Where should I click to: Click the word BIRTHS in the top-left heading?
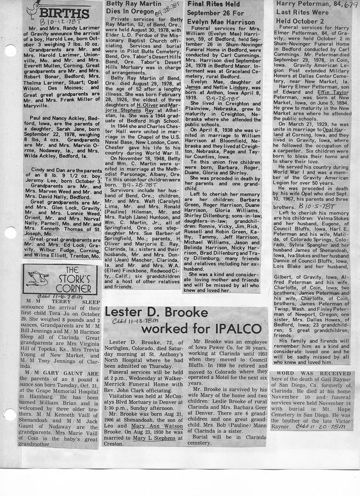(x=64, y=12)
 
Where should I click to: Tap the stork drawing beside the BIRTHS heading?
(x=32, y=8)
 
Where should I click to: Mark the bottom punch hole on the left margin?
(x=8, y=414)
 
